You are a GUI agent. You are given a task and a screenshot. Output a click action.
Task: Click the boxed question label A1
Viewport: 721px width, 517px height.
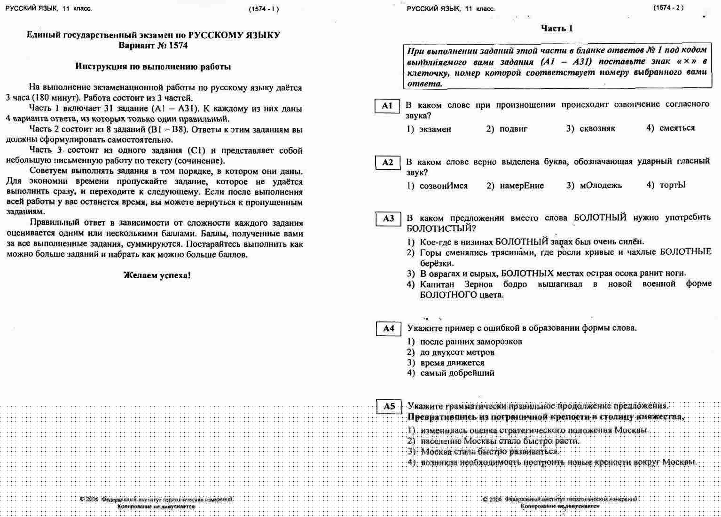(387, 106)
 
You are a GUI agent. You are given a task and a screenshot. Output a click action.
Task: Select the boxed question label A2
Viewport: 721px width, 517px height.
(387, 163)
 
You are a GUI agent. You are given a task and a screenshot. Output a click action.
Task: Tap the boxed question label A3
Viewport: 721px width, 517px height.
(388, 219)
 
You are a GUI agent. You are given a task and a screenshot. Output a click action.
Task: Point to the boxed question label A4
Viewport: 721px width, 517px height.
(389, 329)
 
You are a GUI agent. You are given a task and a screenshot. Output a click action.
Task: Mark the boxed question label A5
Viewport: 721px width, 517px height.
(389, 407)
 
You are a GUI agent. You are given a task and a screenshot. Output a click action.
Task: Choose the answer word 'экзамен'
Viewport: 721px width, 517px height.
(435, 129)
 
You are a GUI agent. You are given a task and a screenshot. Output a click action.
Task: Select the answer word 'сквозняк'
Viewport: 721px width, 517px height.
(597, 128)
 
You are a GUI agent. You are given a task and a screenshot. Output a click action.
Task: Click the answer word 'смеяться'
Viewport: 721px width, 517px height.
(677, 128)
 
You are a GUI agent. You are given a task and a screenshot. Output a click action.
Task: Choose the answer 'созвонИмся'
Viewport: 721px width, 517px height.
(444, 186)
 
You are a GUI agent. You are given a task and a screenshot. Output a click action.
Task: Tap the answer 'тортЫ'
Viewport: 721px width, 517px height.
(673, 185)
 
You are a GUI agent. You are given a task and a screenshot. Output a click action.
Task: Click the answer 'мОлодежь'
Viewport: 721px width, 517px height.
(601, 186)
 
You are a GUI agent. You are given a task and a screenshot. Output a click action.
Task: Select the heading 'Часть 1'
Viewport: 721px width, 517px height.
(556, 29)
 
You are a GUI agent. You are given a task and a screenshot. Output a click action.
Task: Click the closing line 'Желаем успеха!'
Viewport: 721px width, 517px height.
(157, 275)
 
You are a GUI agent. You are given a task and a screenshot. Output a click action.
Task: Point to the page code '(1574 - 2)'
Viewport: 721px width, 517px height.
(668, 8)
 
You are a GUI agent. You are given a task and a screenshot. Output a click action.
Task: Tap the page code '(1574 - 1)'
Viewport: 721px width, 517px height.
(264, 9)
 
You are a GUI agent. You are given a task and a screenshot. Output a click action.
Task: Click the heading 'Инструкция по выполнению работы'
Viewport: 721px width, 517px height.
(153, 67)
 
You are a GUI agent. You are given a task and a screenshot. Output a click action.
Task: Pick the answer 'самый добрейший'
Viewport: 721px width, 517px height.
(457, 373)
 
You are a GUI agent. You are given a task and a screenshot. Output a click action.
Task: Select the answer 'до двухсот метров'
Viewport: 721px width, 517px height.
(457, 352)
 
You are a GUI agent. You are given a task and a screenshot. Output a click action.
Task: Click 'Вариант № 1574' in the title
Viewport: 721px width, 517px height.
(153, 46)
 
